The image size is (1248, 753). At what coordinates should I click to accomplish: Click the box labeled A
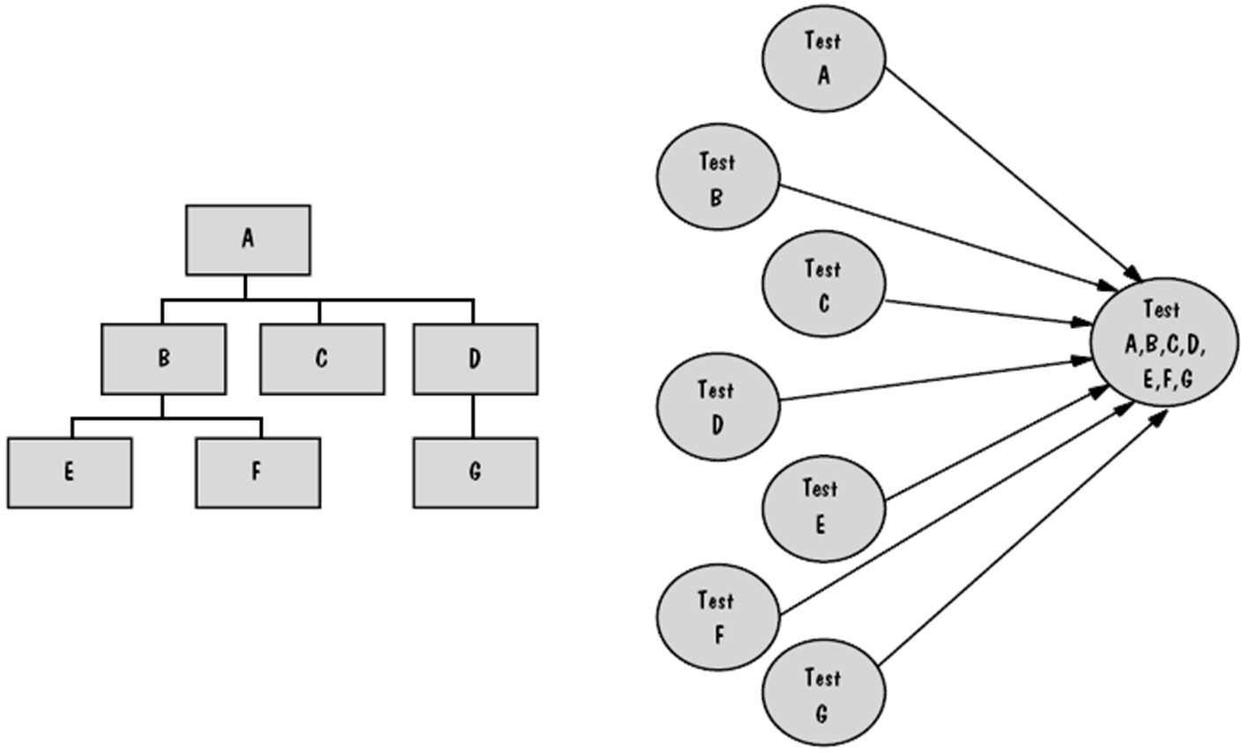[248, 240]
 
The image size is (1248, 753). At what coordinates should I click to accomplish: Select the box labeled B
[164, 359]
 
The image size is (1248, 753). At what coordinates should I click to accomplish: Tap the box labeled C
[322, 359]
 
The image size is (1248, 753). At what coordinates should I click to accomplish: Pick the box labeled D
[475, 359]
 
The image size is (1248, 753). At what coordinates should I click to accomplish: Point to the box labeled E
[70, 473]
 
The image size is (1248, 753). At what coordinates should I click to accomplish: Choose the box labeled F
[256, 473]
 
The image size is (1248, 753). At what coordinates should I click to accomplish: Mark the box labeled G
[475, 473]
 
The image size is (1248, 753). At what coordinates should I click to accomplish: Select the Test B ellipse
[717, 180]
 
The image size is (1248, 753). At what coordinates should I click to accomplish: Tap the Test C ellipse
[823, 286]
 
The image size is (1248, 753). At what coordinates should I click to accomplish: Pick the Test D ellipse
[717, 406]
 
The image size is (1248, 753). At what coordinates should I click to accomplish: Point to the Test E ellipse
[821, 506]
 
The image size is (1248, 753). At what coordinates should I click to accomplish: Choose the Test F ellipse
[717, 618]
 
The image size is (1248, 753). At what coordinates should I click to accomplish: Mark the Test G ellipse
[823, 695]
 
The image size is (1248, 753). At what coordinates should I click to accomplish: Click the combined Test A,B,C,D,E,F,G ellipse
[1165, 345]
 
